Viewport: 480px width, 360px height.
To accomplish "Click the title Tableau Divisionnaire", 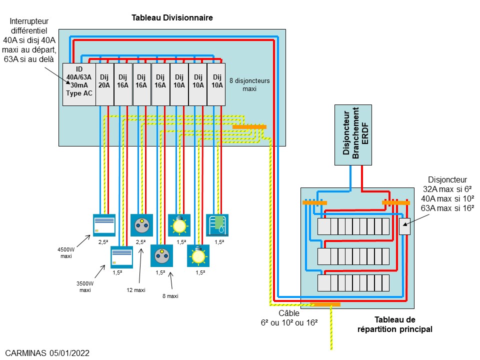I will tap(172, 17).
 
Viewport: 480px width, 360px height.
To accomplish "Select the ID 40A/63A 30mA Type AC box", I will tap(78, 84).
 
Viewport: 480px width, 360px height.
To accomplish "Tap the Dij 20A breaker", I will tap(104, 84).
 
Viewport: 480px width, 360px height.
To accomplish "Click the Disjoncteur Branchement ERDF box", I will tap(353, 134).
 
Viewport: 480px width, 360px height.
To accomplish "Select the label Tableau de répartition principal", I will tap(395, 324).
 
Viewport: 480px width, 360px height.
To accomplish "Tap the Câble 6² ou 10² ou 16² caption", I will tap(289, 318).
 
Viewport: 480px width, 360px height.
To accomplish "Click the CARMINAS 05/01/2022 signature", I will tap(48, 353).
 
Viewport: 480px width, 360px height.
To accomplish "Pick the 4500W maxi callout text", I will tap(65, 252).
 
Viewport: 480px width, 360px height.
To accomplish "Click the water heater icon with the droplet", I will tap(217, 224).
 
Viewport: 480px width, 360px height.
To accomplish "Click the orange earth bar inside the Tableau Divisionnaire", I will tap(249, 127).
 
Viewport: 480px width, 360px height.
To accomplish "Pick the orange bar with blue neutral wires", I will tap(314, 202).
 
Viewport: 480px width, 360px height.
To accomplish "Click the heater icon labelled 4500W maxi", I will tap(104, 225).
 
